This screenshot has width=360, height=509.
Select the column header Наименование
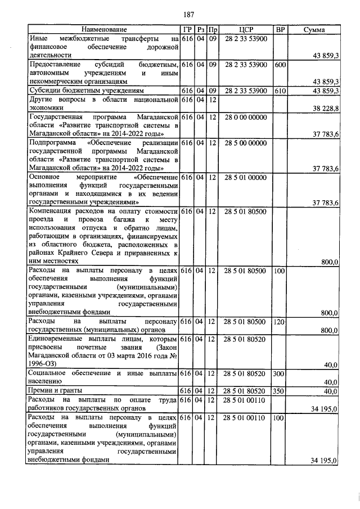(x=103, y=29)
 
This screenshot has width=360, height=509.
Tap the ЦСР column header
(x=245, y=29)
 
